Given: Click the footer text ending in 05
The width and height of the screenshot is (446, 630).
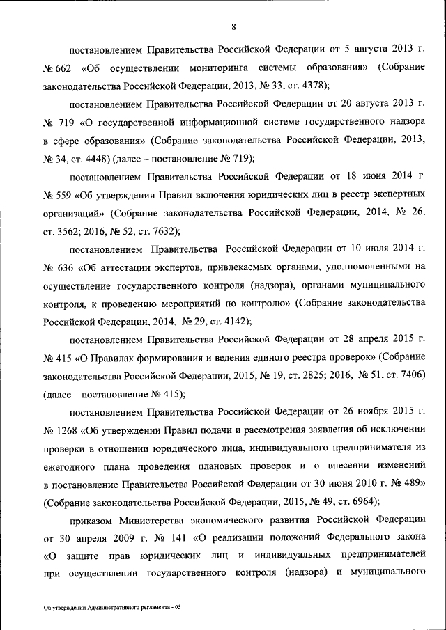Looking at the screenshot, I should point(111,608).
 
